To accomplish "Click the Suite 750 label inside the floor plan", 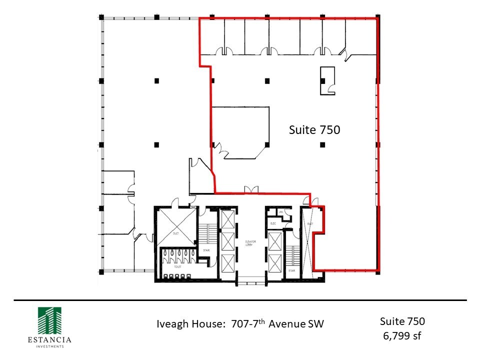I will [314, 130].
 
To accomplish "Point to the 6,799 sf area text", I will [402, 335].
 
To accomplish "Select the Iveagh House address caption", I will [240, 323].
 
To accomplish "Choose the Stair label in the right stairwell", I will [291, 270].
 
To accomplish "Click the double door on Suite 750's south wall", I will [250, 189].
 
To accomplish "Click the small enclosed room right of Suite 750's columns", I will [328, 80].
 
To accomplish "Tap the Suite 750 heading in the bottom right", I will [402, 321].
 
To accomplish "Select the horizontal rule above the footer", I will [240, 300].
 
